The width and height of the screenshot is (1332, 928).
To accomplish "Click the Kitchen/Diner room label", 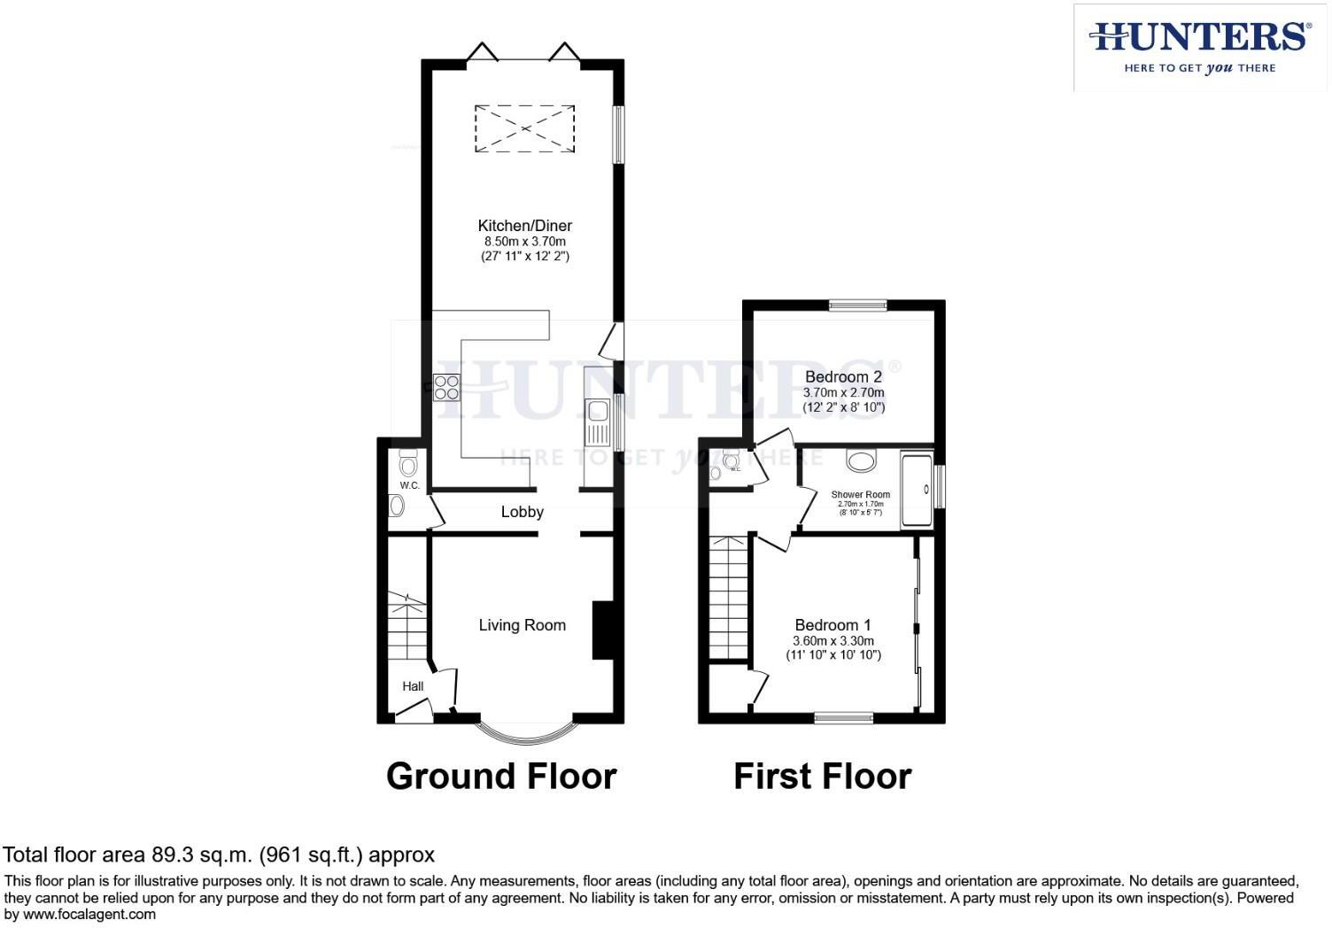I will (x=524, y=226).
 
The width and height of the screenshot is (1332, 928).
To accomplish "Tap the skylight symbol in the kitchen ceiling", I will (x=524, y=129).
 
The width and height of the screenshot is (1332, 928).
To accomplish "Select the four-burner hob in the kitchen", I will (x=446, y=388).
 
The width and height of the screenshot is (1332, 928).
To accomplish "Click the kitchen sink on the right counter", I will (x=597, y=411).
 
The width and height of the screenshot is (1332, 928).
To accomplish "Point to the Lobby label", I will (x=522, y=512).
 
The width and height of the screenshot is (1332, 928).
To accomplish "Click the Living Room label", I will (x=522, y=625).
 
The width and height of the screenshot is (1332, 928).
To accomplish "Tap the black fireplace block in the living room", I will (x=602, y=630).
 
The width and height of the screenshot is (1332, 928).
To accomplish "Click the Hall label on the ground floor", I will (x=413, y=686).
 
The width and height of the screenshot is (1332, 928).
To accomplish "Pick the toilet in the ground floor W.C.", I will (x=407, y=465).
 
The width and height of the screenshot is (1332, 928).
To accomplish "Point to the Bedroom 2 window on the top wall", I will (x=857, y=305).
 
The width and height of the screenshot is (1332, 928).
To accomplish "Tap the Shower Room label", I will (x=860, y=495).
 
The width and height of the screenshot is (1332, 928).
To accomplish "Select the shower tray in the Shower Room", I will (x=917, y=490).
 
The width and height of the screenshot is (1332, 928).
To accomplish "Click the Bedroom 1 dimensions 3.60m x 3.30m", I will (x=832, y=641).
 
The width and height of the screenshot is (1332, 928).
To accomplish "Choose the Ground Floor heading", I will (x=501, y=777).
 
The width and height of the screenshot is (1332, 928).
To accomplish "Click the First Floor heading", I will (x=822, y=777).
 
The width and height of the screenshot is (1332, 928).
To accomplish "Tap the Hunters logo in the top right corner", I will (x=1199, y=46).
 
